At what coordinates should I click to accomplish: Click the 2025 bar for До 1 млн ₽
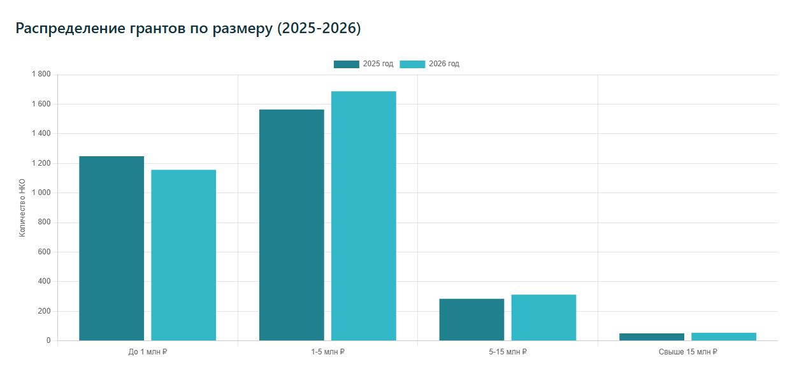[111, 249]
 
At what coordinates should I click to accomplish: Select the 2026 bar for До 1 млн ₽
[183, 255]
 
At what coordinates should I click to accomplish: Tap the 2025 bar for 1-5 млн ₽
[292, 225]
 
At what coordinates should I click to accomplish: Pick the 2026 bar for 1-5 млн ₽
[364, 216]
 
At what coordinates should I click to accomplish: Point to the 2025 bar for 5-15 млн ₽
[471, 319]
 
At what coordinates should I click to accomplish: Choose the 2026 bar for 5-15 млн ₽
[543, 317]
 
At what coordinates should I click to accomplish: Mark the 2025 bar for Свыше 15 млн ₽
[652, 337]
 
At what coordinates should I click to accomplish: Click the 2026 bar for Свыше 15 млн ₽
[724, 337]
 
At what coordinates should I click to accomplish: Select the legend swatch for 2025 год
[346, 64]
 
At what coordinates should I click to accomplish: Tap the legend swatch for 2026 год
[412, 64]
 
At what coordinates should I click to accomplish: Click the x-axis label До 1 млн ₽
[148, 351]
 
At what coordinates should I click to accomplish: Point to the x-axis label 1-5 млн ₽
[327, 351]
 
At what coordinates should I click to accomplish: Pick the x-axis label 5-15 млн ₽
[508, 351]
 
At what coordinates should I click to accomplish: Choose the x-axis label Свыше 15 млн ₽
[687, 351]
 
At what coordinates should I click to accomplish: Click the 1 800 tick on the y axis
[41, 75]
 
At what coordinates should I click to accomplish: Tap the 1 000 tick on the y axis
[41, 193]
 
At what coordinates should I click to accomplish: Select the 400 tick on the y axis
[44, 281]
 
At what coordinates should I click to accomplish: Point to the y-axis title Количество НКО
[22, 208]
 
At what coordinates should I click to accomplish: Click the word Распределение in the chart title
[67, 29]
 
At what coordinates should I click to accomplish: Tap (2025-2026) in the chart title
[319, 29]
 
